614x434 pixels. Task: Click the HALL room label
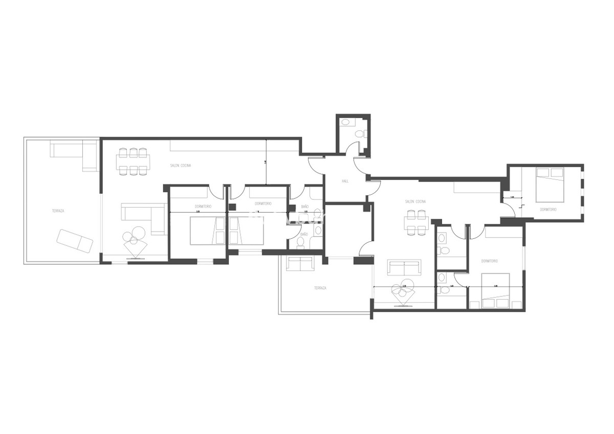point(345,181)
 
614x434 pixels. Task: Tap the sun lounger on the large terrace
point(75,241)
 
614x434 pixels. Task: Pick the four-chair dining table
point(416,223)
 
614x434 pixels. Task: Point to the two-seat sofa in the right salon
point(404,267)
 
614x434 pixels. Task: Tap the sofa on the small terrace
point(301,264)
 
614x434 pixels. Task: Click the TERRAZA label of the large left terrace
point(58,211)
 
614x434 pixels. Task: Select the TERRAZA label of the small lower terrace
point(320,288)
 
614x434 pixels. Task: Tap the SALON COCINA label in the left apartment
point(181,166)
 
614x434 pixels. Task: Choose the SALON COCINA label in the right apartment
point(416,201)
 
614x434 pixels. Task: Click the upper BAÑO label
point(305,206)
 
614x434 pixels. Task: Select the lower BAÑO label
point(304,234)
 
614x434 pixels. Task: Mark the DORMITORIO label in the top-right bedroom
point(549,210)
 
